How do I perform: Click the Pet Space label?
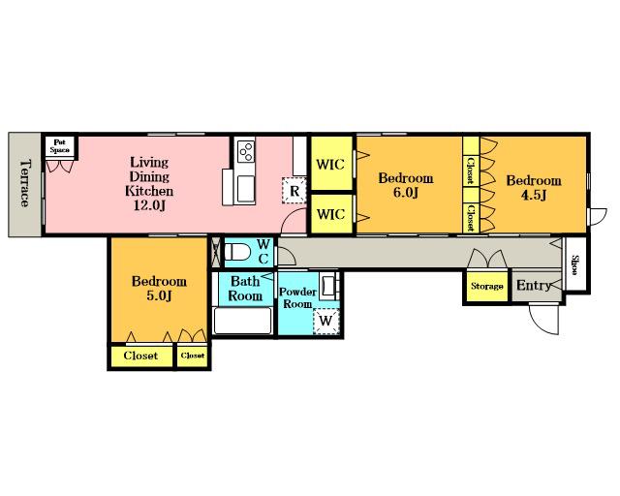[x=60, y=146]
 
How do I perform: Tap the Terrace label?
[x=25, y=183]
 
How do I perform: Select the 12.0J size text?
[x=149, y=205]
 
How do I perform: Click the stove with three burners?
[x=245, y=151]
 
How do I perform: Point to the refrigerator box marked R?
[x=294, y=191]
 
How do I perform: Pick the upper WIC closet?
[x=331, y=164]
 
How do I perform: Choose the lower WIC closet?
[x=331, y=214]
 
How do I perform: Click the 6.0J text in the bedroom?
[x=405, y=193]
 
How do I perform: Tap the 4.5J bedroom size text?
[x=534, y=195]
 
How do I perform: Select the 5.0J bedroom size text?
[x=159, y=295]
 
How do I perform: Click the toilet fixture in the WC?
[x=236, y=252]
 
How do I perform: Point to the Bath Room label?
[x=245, y=289]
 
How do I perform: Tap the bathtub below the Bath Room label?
[x=242, y=321]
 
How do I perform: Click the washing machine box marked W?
[x=326, y=321]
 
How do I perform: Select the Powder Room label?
[x=297, y=297]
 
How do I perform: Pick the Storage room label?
[x=487, y=286]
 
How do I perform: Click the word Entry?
[x=534, y=285]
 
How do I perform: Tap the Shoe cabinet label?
[x=575, y=265]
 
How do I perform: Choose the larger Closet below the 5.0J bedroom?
[x=140, y=356]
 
